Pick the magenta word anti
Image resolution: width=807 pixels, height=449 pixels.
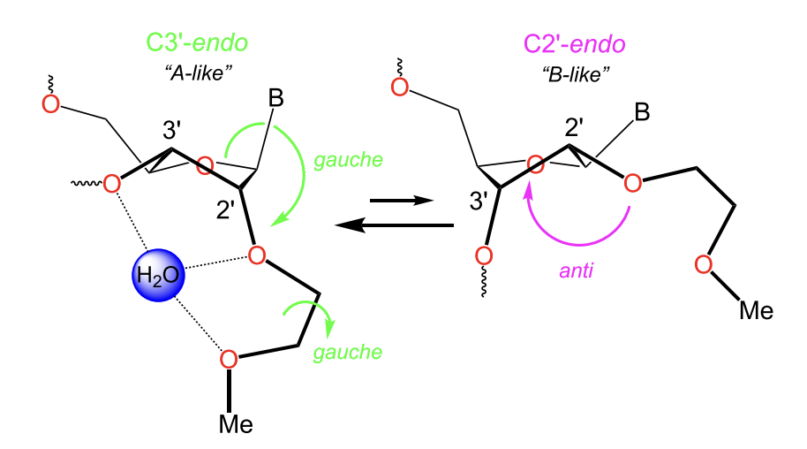click(576, 271)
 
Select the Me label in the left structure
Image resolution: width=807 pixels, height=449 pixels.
click(236, 424)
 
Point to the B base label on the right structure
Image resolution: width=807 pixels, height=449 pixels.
click(643, 113)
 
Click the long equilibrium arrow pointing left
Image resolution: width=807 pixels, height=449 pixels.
click(394, 226)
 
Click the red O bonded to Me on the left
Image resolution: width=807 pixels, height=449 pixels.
click(228, 359)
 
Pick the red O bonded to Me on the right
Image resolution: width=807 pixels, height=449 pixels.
click(704, 264)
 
